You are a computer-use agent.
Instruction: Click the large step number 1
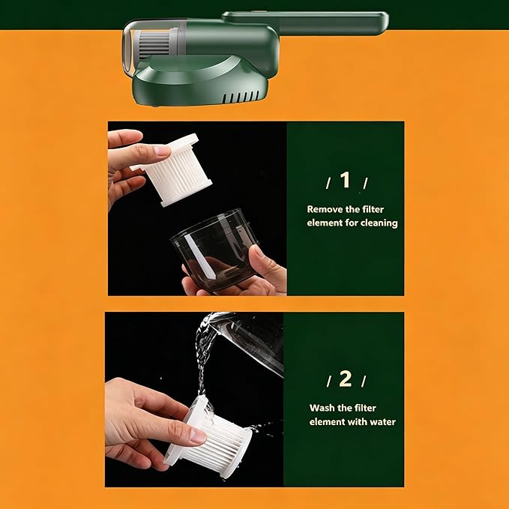coord(345,180)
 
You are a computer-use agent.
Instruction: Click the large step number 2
coord(346,379)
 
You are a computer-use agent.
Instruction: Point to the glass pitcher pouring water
coord(250,341)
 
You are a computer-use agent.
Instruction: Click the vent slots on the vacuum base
coord(241,97)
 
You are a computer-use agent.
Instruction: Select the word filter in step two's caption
coord(366,408)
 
